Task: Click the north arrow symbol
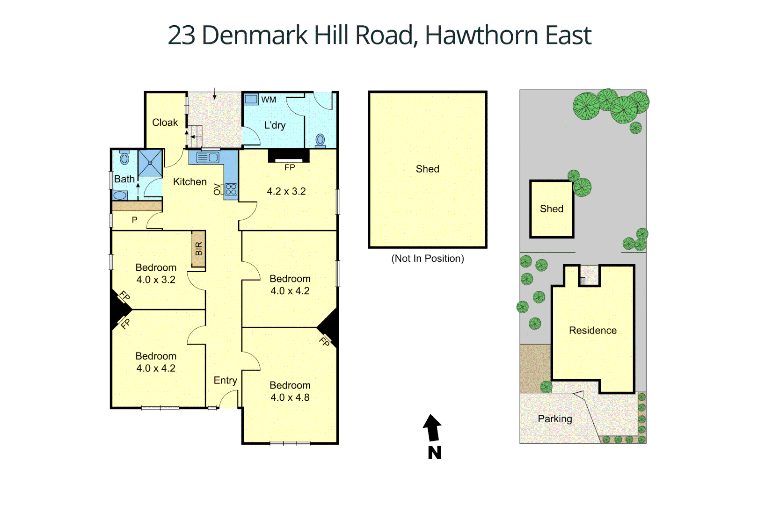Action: pos(433,428)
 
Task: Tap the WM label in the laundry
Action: pos(269,100)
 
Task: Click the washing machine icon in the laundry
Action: pos(251,99)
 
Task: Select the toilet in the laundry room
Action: pos(321,139)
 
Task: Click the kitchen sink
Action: pos(208,158)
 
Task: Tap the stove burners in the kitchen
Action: pos(231,189)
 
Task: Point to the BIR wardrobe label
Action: pos(199,249)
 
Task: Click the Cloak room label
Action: pos(165,123)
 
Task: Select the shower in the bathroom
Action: pos(150,162)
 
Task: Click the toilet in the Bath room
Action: pos(124,159)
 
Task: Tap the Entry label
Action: pos(225,381)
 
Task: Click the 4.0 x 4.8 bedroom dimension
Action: pos(290,397)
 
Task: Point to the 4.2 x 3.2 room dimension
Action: pos(286,191)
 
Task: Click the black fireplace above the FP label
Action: pos(289,155)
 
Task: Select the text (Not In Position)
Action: pos(428,259)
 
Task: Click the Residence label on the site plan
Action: pos(592,331)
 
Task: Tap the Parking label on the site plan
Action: pos(554,419)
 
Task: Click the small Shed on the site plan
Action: pos(551,209)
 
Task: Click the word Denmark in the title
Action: pos(255,35)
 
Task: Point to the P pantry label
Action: pos(134,220)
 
